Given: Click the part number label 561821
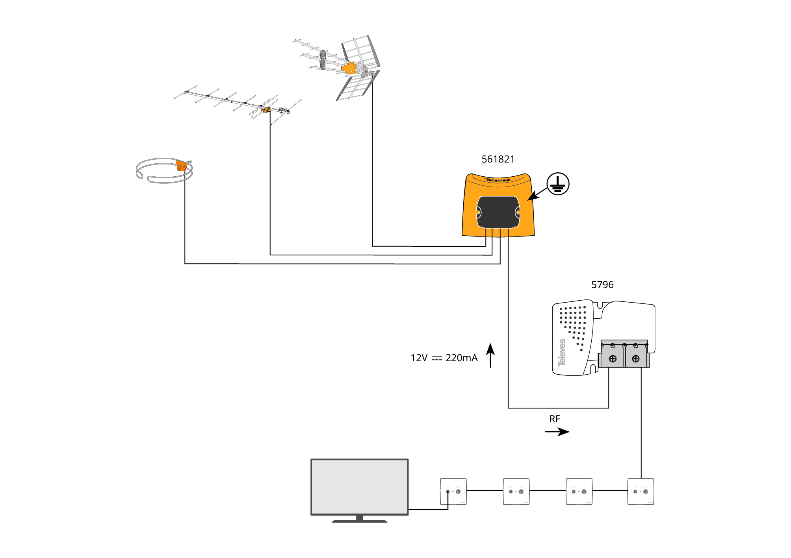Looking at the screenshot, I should (x=498, y=159).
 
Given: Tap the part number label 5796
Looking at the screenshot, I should (x=602, y=285).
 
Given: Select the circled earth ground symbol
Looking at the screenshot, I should (x=558, y=184).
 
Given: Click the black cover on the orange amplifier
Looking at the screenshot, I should (x=498, y=212).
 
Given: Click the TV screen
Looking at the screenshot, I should (x=359, y=486).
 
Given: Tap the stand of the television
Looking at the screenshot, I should (x=359, y=519).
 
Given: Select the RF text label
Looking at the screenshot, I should (x=555, y=419).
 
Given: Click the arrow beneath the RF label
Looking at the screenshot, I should (x=557, y=432).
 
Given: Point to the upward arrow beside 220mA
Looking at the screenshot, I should (x=490, y=355).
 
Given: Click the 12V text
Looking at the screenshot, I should (x=419, y=358).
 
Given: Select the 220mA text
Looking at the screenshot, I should (x=461, y=358).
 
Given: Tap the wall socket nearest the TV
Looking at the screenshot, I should (x=453, y=491).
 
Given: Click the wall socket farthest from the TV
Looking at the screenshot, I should (x=641, y=491).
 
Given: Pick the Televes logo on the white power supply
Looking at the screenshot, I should (x=562, y=353).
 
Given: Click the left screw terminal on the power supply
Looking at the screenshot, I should (x=613, y=358).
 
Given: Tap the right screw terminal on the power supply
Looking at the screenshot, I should (x=635, y=358).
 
